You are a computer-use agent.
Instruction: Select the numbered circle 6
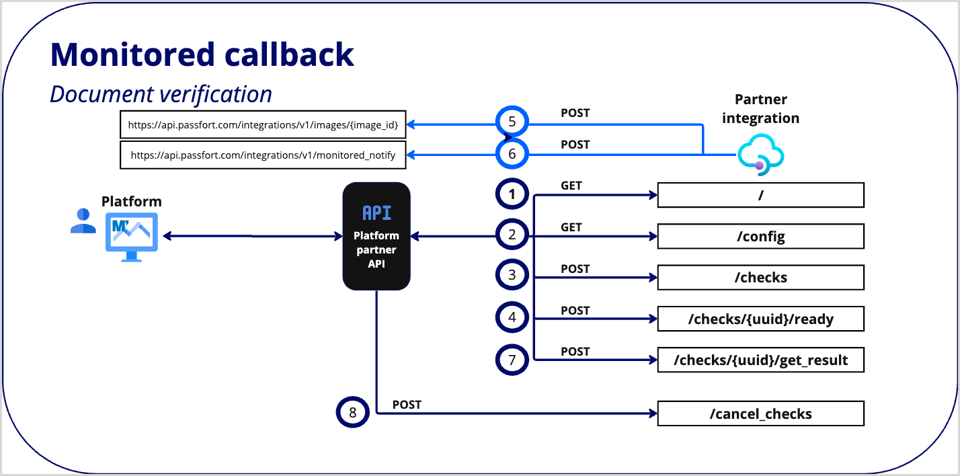pos(512,155)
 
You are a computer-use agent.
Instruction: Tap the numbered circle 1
pos(512,195)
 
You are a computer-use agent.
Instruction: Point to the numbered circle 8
pos(353,412)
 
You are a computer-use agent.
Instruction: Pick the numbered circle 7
pos(512,360)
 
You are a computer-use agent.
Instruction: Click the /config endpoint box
pos(760,237)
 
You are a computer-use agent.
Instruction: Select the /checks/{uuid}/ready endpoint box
pos(760,319)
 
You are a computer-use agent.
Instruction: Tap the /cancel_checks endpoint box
pos(760,413)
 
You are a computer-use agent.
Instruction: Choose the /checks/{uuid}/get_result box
pos(760,360)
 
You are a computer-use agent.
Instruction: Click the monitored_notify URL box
pos(263,155)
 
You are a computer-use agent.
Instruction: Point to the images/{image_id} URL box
pos(263,124)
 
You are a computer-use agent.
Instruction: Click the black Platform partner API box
pos(376,237)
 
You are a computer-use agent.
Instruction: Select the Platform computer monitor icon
pos(131,237)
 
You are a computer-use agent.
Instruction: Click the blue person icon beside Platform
pos(83,221)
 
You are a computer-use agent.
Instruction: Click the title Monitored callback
pos(202,54)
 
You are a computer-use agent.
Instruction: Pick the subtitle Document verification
pos(161,94)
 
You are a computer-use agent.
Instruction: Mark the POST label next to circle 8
pos(407,405)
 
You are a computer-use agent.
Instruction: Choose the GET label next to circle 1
pos(571,186)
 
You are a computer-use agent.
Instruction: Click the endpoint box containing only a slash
pos(760,195)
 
